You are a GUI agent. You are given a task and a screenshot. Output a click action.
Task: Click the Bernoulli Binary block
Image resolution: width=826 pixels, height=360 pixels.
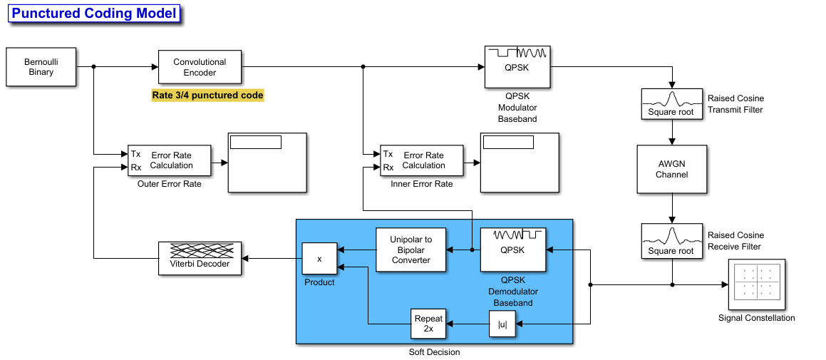41,68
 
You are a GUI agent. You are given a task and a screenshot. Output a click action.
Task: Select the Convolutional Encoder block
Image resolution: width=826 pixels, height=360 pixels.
200,68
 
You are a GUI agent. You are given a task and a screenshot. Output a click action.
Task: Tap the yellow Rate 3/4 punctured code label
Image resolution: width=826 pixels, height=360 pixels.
207,96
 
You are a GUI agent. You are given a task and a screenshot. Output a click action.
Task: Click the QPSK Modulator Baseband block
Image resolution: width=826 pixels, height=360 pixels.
517,68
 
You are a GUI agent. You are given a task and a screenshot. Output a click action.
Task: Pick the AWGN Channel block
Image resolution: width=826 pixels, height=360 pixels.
671,170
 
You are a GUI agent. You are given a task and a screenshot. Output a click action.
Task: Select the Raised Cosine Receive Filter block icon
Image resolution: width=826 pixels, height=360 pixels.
671,241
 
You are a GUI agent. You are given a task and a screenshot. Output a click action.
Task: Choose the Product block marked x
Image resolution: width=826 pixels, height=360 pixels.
319,259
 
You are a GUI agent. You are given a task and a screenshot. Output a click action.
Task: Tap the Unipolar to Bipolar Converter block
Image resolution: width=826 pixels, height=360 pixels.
411,250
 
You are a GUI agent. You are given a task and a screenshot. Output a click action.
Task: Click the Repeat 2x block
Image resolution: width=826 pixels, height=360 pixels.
428,324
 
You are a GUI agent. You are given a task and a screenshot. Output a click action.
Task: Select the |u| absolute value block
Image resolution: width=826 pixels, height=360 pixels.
502,324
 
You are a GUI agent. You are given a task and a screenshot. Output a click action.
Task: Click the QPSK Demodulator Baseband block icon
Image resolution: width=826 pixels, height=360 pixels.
513,250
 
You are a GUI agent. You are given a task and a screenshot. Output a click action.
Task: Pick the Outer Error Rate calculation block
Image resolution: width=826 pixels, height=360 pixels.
170,160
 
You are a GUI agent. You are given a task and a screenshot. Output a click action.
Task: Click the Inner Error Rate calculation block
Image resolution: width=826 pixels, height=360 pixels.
422,160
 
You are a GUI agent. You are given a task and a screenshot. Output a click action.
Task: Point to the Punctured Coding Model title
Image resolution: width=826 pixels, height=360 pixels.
94,14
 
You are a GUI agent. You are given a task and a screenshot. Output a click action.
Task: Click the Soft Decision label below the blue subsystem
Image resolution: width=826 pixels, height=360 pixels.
434,352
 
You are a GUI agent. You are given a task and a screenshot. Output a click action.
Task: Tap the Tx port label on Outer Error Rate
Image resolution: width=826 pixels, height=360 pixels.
136,154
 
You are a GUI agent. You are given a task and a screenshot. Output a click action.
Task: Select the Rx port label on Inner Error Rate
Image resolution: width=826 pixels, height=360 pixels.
388,168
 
